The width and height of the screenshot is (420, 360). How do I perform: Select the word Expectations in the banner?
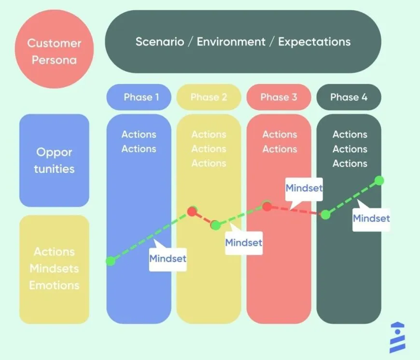point(314,42)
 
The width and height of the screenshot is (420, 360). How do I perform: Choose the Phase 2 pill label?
point(209,97)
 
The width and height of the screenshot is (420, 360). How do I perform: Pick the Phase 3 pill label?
point(279,97)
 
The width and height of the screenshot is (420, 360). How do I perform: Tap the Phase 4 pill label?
point(349,97)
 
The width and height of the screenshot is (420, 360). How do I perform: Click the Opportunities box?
point(54,160)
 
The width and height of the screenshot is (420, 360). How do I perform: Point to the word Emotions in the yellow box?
point(54,285)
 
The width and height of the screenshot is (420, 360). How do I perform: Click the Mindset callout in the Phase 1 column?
point(168,259)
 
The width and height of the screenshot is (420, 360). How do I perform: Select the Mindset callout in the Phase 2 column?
point(244,242)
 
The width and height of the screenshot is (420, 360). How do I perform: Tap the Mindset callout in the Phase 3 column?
point(304,188)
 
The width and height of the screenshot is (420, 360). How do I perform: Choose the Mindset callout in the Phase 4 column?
point(371,219)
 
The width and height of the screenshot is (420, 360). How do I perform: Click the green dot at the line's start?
point(111,261)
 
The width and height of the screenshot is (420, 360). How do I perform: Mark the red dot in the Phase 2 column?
point(192,211)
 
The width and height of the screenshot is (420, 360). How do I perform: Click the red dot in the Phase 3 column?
point(266,207)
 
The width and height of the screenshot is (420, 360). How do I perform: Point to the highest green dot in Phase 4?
point(379,180)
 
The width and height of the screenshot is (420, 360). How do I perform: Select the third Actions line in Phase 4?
point(350,164)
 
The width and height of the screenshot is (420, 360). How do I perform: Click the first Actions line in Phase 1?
point(139,135)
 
